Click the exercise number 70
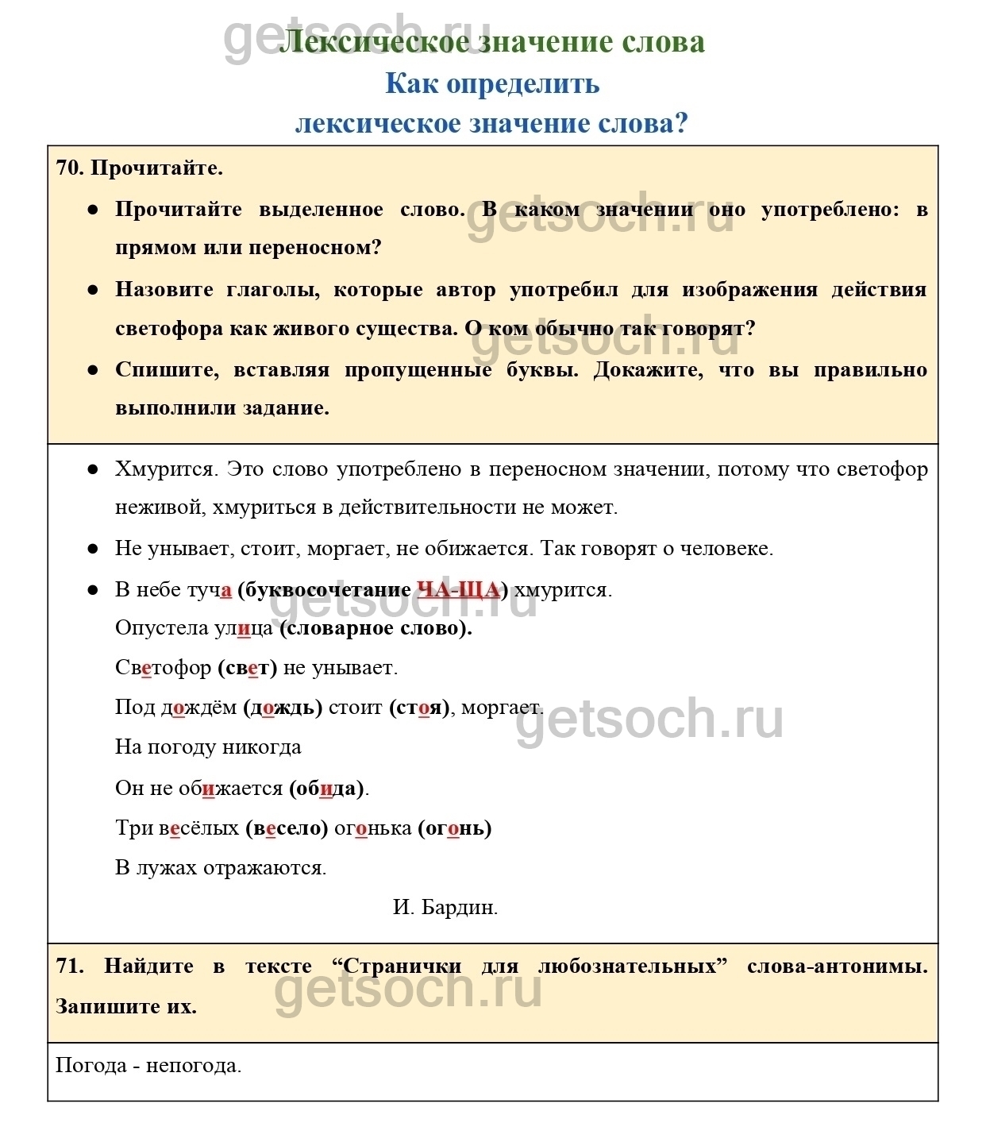[x=69, y=168]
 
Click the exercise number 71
[x=69, y=967]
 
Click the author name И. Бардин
[x=445, y=907]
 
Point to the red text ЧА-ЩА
[x=459, y=590]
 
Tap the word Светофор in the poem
[x=163, y=668]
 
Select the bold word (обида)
[x=326, y=789]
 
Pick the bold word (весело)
[x=287, y=828]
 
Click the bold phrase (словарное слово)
[x=376, y=628]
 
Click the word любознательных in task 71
[x=633, y=967]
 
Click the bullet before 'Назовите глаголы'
[x=93, y=290]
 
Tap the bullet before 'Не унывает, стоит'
[x=93, y=549]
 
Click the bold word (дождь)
[x=283, y=708]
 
